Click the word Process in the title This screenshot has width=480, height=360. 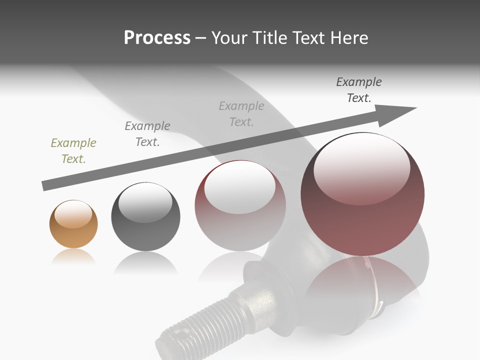pos(157,38)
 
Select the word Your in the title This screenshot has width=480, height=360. pos(230,38)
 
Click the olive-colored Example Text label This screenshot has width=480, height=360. pos(73,150)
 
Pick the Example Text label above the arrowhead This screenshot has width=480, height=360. pos(358,89)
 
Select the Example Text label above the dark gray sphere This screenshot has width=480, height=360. pos(147,133)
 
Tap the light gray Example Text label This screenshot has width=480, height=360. pos(241,113)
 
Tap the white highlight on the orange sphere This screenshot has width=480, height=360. pos(73,213)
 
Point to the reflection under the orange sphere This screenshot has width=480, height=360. pos(73,257)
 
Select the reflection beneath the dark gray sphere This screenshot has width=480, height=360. pos(145,262)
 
